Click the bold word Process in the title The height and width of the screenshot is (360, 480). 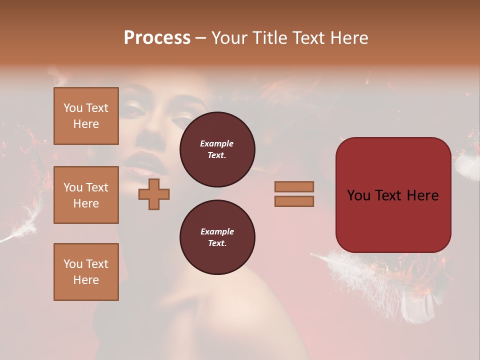click(157, 38)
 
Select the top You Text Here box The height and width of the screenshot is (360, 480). click(86, 116)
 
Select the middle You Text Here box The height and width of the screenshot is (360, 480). click(86, 195)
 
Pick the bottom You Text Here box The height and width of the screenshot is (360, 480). click(86, 272)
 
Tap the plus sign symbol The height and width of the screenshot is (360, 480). click(154, 194)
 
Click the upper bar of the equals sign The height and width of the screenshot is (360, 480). click(294, 187)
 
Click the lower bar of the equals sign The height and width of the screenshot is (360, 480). click(294, 201)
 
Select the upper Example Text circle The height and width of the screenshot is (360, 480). click(217, 149)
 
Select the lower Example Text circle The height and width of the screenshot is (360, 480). click(217, 237)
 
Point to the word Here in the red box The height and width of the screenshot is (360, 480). click(422, 195)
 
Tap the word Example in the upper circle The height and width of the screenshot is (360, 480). click(217, 143)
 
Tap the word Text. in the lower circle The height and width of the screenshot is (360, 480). click(217, 243)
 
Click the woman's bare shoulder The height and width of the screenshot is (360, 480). click(240, 305)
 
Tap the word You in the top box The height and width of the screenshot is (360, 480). click(73, 108)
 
